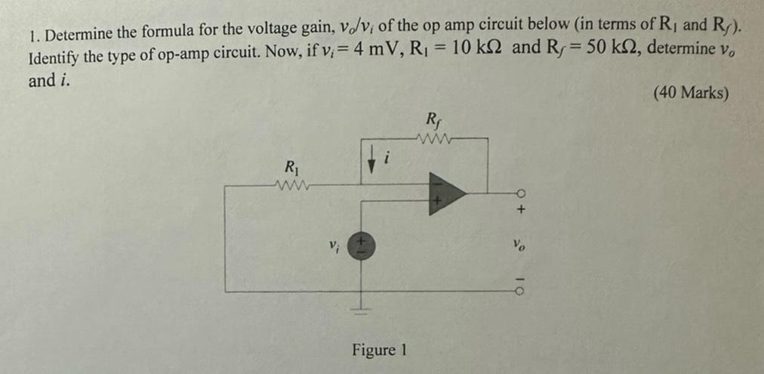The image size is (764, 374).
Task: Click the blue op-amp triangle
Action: pyautogui.click(x=445, y=193)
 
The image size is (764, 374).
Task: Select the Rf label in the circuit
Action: pyautogui.click(x=433, y=119)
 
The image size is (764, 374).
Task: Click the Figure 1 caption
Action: pyautogui.click(x=379, y=350)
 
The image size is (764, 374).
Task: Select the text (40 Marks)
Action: pyautogui.click(x=691, y=93)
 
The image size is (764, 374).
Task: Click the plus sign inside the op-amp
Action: pyautogui.click(x=437, y=202)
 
